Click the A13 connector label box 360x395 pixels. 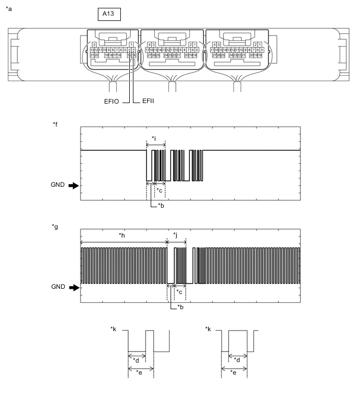[109, 14]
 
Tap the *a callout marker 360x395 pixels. [8, 8]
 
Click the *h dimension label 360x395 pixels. [122, 236]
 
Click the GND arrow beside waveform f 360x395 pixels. [73, 185]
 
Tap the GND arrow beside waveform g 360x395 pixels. [73, 287]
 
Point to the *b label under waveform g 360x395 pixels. [182, 307]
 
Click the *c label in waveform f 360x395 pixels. [161, 190]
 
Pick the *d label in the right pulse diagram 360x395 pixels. [238, 360]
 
